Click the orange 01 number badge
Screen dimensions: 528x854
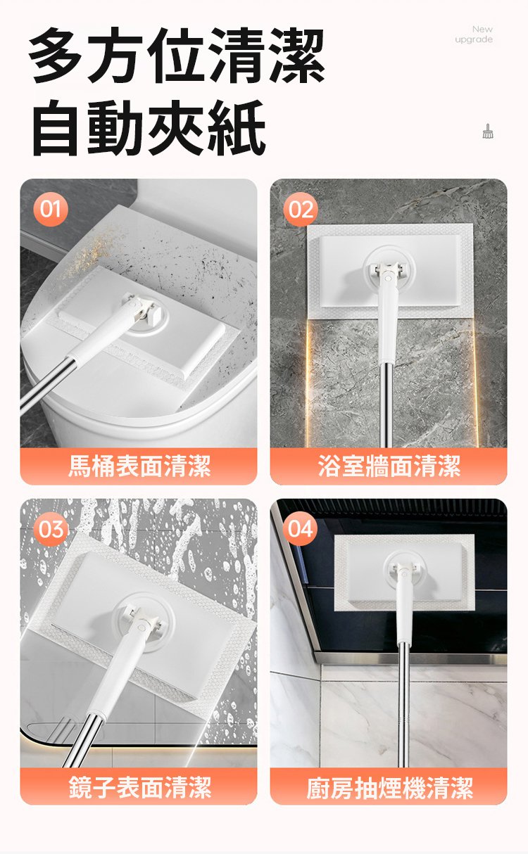coord(51,209)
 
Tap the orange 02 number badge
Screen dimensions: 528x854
coord(301,210)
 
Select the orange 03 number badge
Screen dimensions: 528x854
coord(51,529)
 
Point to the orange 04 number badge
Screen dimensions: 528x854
coord(300,529)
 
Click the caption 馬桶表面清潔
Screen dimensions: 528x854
coord(139,466)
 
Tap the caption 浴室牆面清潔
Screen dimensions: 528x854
coord(389,466)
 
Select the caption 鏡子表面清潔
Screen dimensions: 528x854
coord(139,786)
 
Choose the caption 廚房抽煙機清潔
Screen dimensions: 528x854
coord(389,786)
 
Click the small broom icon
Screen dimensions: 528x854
coord(487,131)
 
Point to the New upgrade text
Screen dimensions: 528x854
coord(474,34)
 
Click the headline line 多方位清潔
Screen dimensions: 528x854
coord(177,56)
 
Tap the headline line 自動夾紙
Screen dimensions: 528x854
coord(149,128)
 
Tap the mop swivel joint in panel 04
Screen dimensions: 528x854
coord(403,572)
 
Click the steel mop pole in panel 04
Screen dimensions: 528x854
coord(403,705)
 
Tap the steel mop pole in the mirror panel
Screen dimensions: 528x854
coord(83,739)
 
